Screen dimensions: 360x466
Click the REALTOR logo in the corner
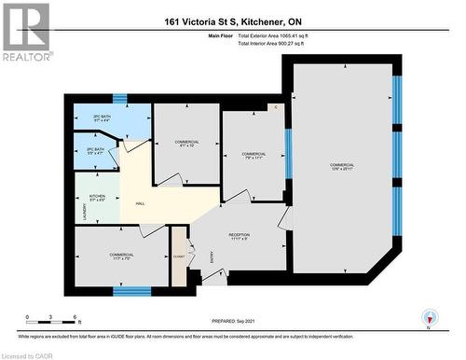click(26, 32)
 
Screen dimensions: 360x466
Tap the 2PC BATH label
click(103, 118)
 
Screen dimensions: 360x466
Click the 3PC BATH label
click(94, 149)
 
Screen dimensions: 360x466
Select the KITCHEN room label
click(97, 198)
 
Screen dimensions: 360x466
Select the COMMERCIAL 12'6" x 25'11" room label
click(341, 168)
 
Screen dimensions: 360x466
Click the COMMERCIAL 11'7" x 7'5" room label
click(121, 256)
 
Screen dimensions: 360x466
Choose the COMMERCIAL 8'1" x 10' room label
click(186, 144)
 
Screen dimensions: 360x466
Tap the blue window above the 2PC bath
click(119, 97)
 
